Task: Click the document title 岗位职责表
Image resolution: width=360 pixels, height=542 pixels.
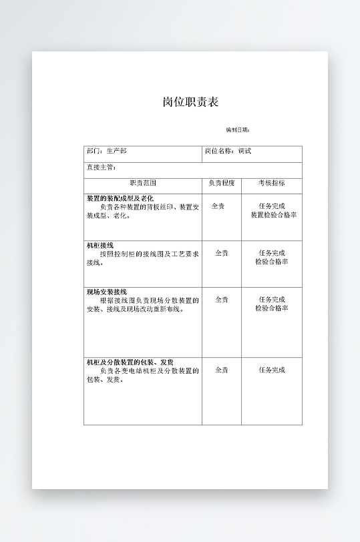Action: (190, 102)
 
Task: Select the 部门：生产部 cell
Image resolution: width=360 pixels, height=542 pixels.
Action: (106, 152)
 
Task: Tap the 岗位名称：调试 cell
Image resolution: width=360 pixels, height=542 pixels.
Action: (228, 152)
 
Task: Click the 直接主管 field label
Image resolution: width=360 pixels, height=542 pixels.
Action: (101, 167)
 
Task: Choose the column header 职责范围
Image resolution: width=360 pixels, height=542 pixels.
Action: (142, 183)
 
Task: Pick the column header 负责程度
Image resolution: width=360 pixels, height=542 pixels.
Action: (221, 183)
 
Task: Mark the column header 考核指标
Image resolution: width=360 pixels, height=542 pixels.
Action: (271, 183)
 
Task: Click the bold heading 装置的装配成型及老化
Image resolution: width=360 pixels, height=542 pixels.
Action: (120, 198)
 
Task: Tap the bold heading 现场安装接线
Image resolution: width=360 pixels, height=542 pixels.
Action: (106, 292)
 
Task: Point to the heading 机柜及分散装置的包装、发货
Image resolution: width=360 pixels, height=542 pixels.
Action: (130, 362)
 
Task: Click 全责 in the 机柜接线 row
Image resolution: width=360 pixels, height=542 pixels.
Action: (221, 253)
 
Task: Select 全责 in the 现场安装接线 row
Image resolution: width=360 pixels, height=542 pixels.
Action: (221, 300)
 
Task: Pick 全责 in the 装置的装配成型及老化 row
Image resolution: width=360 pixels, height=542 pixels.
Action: (218, 206)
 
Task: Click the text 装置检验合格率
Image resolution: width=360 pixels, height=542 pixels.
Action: (273, 215)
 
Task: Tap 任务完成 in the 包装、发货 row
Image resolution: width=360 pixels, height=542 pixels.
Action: (271, 370)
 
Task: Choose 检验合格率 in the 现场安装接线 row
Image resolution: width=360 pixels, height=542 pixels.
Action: (271, 308)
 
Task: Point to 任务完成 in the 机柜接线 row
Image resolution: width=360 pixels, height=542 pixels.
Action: (271, 253)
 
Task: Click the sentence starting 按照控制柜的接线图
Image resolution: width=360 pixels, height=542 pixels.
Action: (148, 254)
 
